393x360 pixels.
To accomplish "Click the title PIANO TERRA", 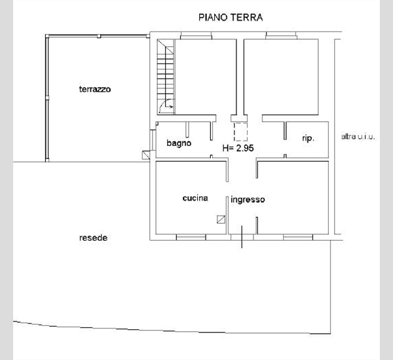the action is pos(231,17).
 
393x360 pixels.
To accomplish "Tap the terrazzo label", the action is pos(95,89).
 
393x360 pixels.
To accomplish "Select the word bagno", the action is pos(179,143).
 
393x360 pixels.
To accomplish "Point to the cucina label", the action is pos(195,198).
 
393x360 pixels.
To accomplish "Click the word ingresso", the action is pos(248,200).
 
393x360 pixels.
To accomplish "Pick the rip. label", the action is pos(308,138).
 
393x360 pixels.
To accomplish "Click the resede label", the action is pos(93,238).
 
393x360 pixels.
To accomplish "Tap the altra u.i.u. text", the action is pos(358,137).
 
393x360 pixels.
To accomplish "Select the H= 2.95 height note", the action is pos(238,148).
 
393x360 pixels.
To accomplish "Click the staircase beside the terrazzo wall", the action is pos(166,77).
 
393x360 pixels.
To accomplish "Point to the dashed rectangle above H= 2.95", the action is pos(240,132).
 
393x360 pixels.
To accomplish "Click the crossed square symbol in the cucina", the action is pos(221,219).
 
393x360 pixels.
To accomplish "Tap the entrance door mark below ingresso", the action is pos(242,237).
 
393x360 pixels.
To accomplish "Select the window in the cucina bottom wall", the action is pos(191,237).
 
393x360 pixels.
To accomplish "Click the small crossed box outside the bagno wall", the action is pos(146,155).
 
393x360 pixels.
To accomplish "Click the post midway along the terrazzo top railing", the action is pos(99,36).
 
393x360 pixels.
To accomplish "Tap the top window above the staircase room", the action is pos(196,35).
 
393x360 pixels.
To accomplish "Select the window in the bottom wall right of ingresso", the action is pos(298,237).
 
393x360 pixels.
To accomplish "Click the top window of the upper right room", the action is pos(282,35).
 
